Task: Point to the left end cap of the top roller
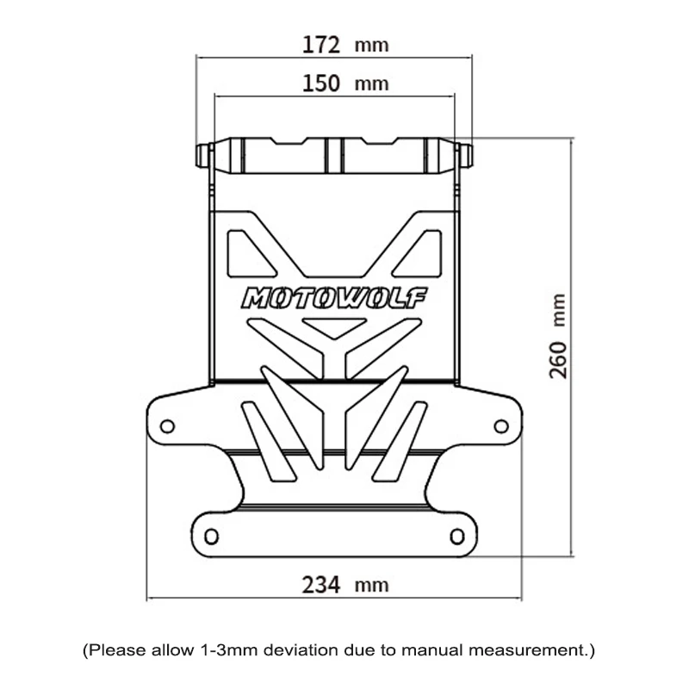coord(204,157)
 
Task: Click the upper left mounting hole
coord(168,425)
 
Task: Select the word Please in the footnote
coord(113,648)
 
